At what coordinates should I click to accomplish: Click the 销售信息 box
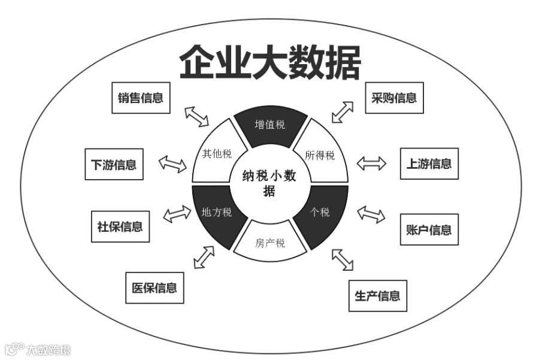(x=141, y=98)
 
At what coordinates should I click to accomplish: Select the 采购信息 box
(x=394, y=98)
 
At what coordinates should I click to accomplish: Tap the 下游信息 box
(x=114, y=164)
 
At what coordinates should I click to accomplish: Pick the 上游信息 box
(x=429, y=164)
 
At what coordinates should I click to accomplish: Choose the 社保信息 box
(x=120, y=226)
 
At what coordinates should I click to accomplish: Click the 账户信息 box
(x=429, y=229)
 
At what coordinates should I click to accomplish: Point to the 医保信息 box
(x=155, y=288)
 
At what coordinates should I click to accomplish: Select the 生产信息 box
(x=378, y=296)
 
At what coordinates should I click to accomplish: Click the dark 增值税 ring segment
(x=270, y=126)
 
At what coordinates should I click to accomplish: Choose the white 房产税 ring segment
(x=270, y=243)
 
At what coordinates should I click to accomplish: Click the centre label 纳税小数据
(x=269, y=183)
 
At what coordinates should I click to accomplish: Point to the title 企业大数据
(x=270, y=62)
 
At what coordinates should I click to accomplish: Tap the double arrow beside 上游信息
(x=371, y=164)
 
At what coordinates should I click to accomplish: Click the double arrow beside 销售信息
(x=196, y=117)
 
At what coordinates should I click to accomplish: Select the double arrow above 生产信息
(x=343, y=259)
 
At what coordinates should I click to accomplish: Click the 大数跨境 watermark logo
(x=38, y=349)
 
